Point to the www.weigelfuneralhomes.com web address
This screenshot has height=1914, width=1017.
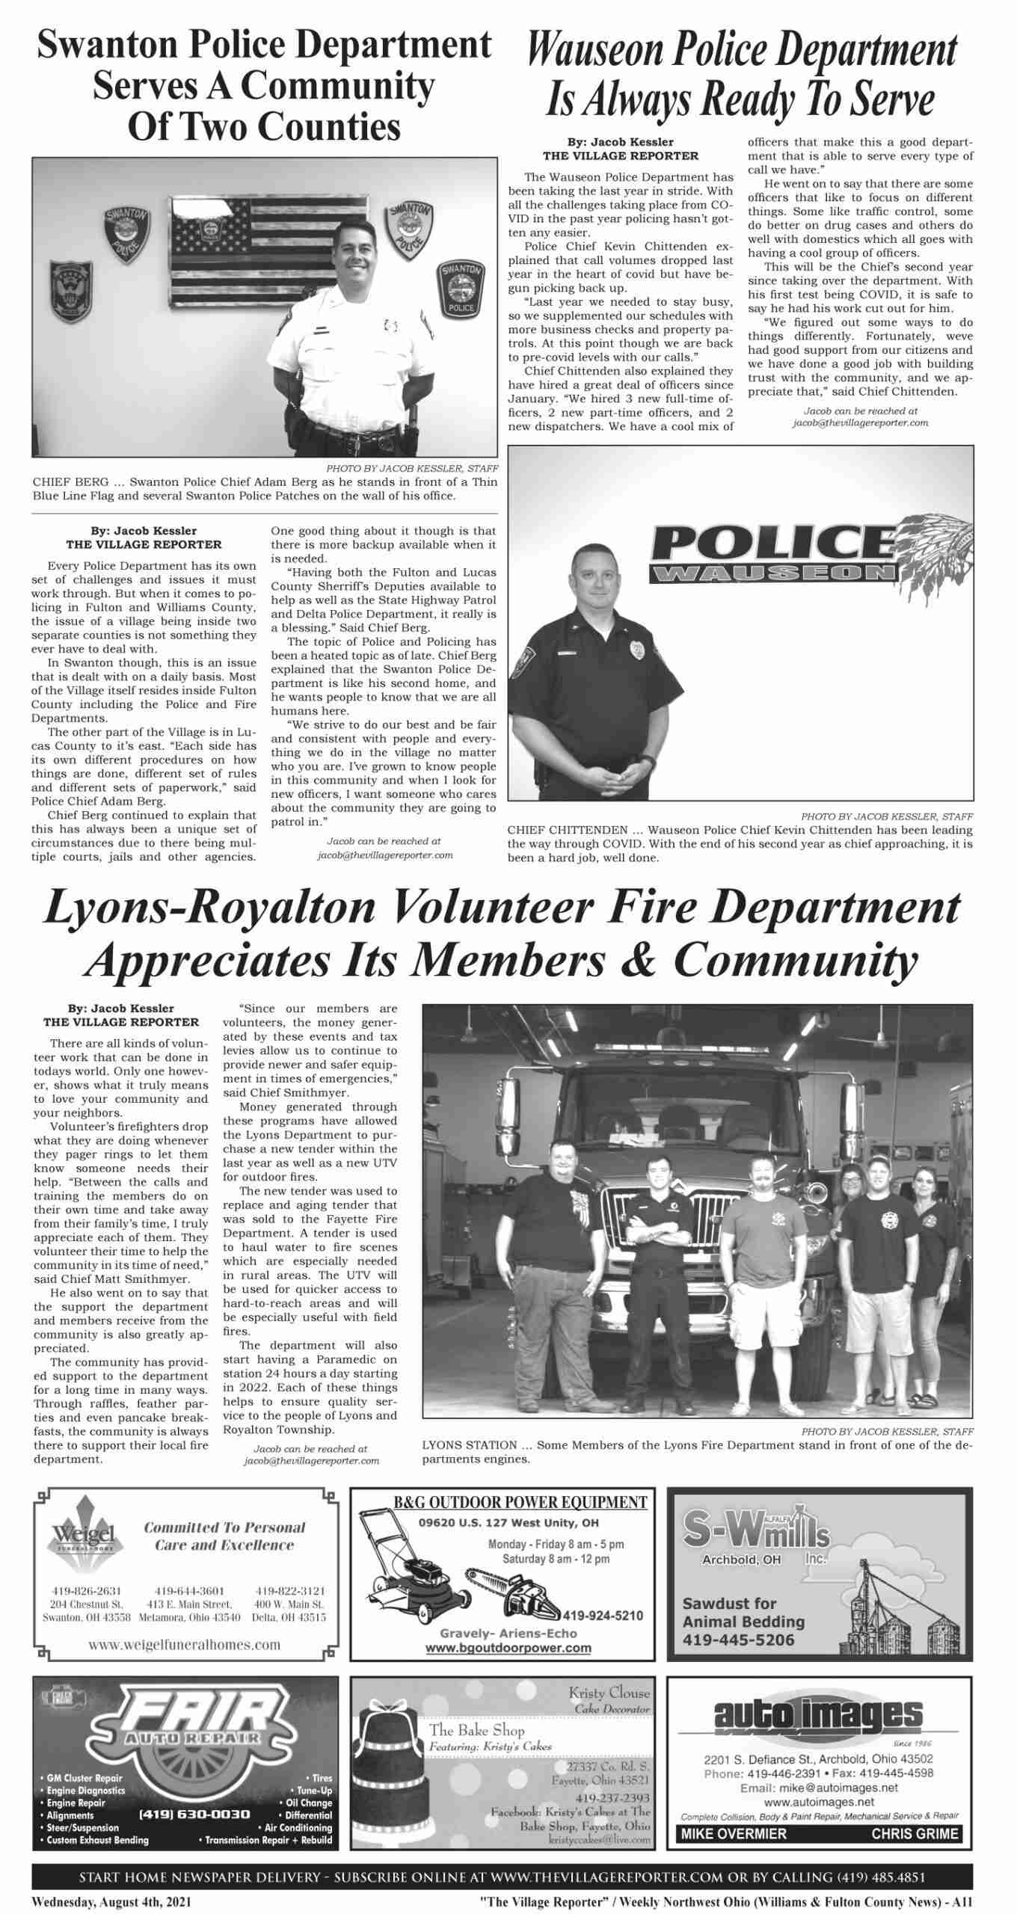click(184, 1644)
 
